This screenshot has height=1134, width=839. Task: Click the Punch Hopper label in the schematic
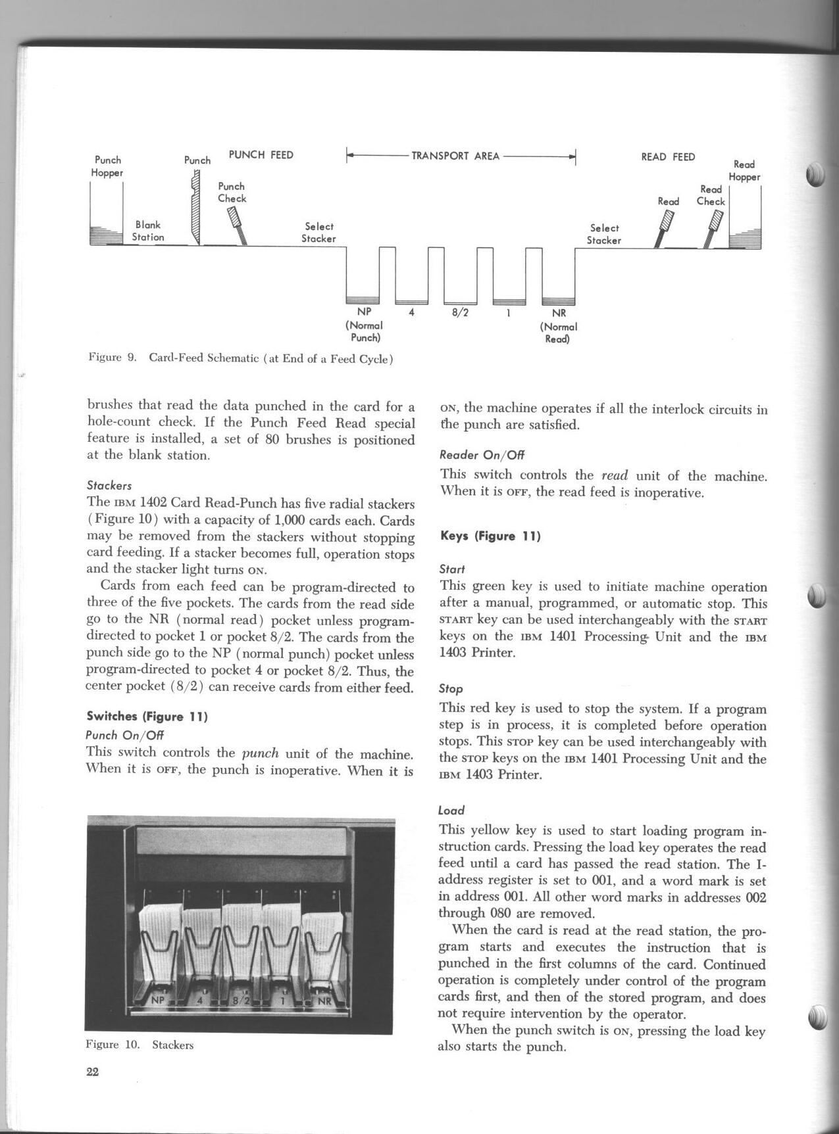108,166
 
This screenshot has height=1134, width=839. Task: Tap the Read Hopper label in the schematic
744,170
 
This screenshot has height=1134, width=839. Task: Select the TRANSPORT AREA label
455,156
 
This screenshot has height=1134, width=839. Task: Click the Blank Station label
148,231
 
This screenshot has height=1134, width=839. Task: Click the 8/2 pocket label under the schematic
460,313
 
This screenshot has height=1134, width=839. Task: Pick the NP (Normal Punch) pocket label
364,325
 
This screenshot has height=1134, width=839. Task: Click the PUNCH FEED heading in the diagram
261,155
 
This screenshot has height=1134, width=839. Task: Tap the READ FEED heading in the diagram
668,157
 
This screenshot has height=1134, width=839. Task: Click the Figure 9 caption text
241,358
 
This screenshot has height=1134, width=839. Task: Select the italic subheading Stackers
109,486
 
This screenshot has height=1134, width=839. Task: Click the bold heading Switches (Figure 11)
147,717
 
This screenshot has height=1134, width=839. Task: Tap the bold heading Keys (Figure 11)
490,536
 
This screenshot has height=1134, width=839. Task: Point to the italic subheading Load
451,811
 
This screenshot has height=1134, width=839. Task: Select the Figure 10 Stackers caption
140,1045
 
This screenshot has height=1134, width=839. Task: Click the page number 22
92,1072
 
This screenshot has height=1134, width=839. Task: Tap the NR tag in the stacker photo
324,1001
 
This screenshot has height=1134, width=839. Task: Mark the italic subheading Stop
451,689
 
